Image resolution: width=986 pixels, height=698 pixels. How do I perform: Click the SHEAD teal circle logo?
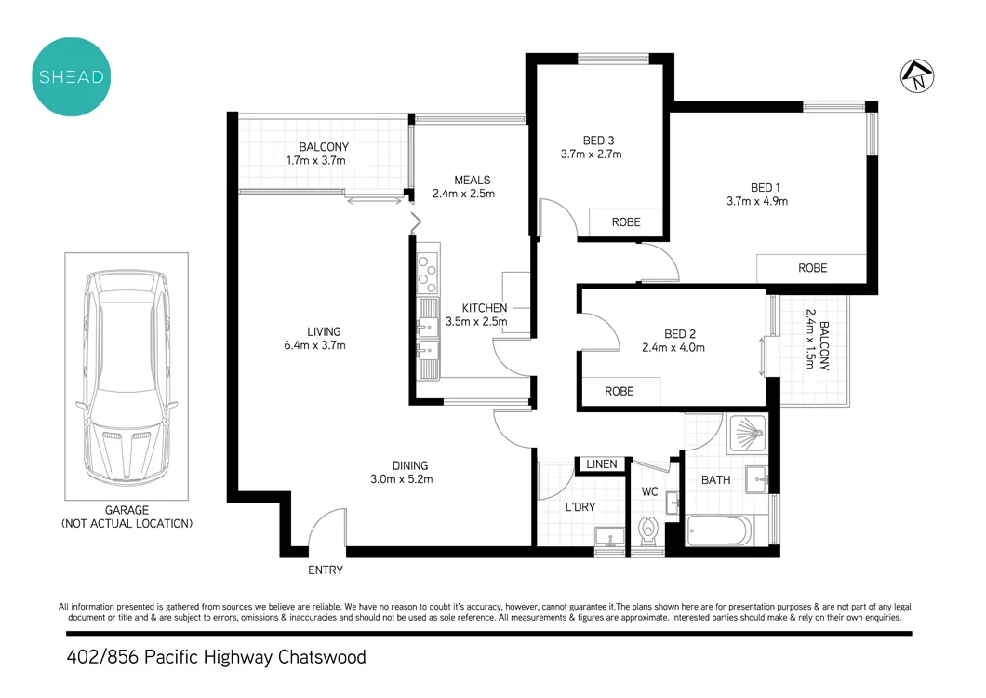[x=71, y=77]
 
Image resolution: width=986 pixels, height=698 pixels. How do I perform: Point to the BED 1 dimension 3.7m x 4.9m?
[x=757, y=201]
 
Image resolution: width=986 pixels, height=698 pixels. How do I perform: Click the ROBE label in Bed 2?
[x=620, y=392]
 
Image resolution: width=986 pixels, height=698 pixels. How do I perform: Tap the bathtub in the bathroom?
[x=718, y=532]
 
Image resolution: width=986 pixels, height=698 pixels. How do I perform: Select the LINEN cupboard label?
[x=602, y=464]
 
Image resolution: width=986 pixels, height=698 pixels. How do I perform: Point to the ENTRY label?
[x=326, y=570]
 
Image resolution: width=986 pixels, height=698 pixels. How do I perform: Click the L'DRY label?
[x=580, y=507]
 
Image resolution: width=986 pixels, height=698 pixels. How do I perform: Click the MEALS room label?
[x=472, y=180]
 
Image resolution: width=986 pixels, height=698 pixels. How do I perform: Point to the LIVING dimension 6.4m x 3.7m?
[x=314, y=345]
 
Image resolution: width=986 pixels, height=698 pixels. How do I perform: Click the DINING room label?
[x=409, y=465]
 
